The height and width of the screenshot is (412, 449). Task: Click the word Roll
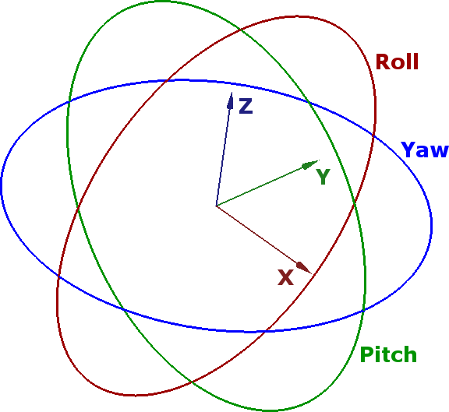click(397, 62)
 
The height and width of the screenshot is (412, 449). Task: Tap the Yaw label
click(425, 150)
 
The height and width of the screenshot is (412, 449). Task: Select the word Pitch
click(388, 354)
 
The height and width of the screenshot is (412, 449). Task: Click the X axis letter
click(286, 277)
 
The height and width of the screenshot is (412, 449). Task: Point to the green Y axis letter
click(323, 177)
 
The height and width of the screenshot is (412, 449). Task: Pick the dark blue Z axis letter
click(246, 106)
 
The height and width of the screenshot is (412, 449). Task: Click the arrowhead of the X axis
click(304, 268)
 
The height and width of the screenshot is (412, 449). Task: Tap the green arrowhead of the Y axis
click(311, 164)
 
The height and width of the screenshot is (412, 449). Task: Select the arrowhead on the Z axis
click(230, 100)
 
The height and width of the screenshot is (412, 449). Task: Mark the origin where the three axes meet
click(217, 206)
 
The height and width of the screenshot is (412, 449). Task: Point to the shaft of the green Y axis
click(260, 186)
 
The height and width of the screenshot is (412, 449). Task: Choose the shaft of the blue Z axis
click(222, 157)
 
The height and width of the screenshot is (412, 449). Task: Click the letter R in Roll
click(382, 62)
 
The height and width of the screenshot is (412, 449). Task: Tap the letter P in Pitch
click(366, 354)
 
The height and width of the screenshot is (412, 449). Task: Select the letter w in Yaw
click(439, 151)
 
